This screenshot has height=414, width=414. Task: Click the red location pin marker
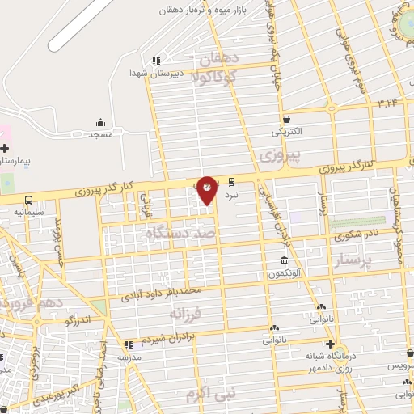pyautogui.click(x=207, y=189)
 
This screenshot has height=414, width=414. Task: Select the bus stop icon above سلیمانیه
pyautogui.click(x=29, y=199)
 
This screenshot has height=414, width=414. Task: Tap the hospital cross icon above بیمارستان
pyautogui.click(x=5, y=149)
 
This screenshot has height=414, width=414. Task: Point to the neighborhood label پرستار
pyautogui.click(x=356, y=260)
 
